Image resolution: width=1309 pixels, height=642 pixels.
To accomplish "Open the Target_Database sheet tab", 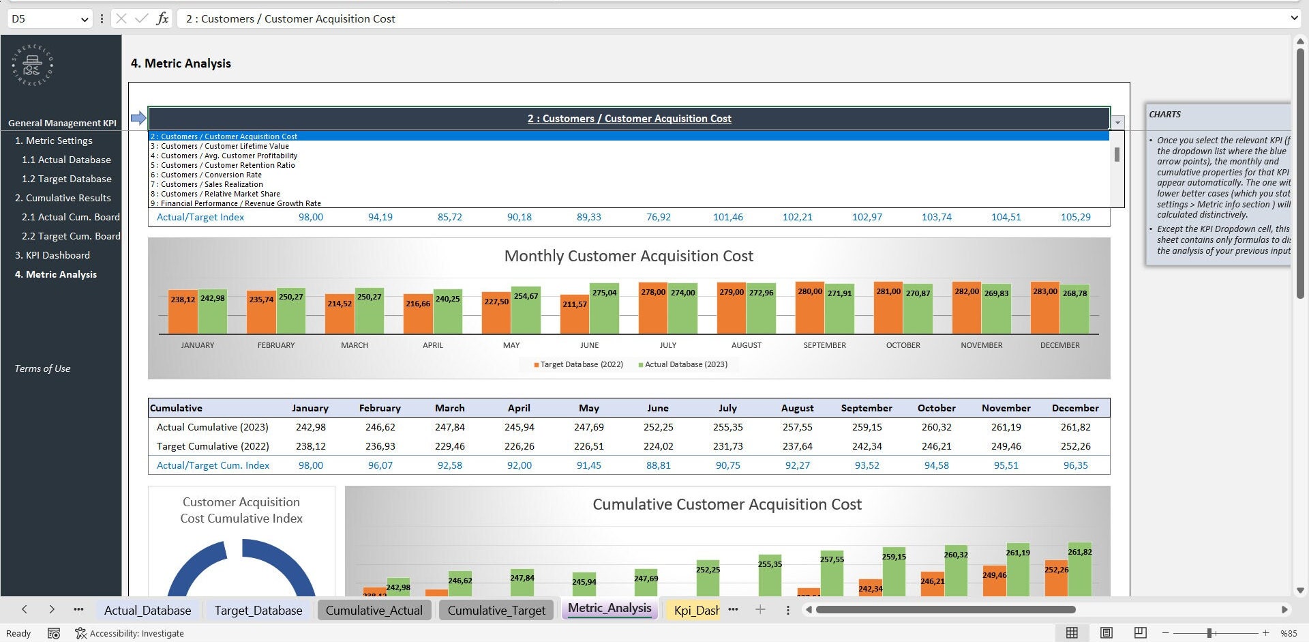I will pos(258,610).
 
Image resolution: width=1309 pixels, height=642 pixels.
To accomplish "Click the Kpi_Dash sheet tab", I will pos(695,610).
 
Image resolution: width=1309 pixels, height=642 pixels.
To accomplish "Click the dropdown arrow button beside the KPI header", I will pos(1117,123).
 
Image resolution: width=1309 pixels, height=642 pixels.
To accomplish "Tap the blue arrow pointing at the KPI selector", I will pos(138,118).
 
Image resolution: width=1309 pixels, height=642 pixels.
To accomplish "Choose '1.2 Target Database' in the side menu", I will pos(66,179).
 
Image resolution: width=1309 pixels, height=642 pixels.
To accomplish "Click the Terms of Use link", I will pos(42,368).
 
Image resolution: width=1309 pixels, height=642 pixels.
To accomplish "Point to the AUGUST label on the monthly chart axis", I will pos(746,345).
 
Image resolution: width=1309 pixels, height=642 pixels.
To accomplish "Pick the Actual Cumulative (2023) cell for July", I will pos(727,427).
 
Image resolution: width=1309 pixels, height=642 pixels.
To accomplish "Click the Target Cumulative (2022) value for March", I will pos(449,446).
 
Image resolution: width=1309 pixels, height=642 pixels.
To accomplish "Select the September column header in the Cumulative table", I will pos(866,408).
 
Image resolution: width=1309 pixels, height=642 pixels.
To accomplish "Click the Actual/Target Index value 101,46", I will pos(727,217).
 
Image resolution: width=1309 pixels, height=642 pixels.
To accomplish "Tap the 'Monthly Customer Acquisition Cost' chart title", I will pos(628,256).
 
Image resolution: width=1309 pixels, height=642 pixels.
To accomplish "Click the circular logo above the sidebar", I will pos(32,65).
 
